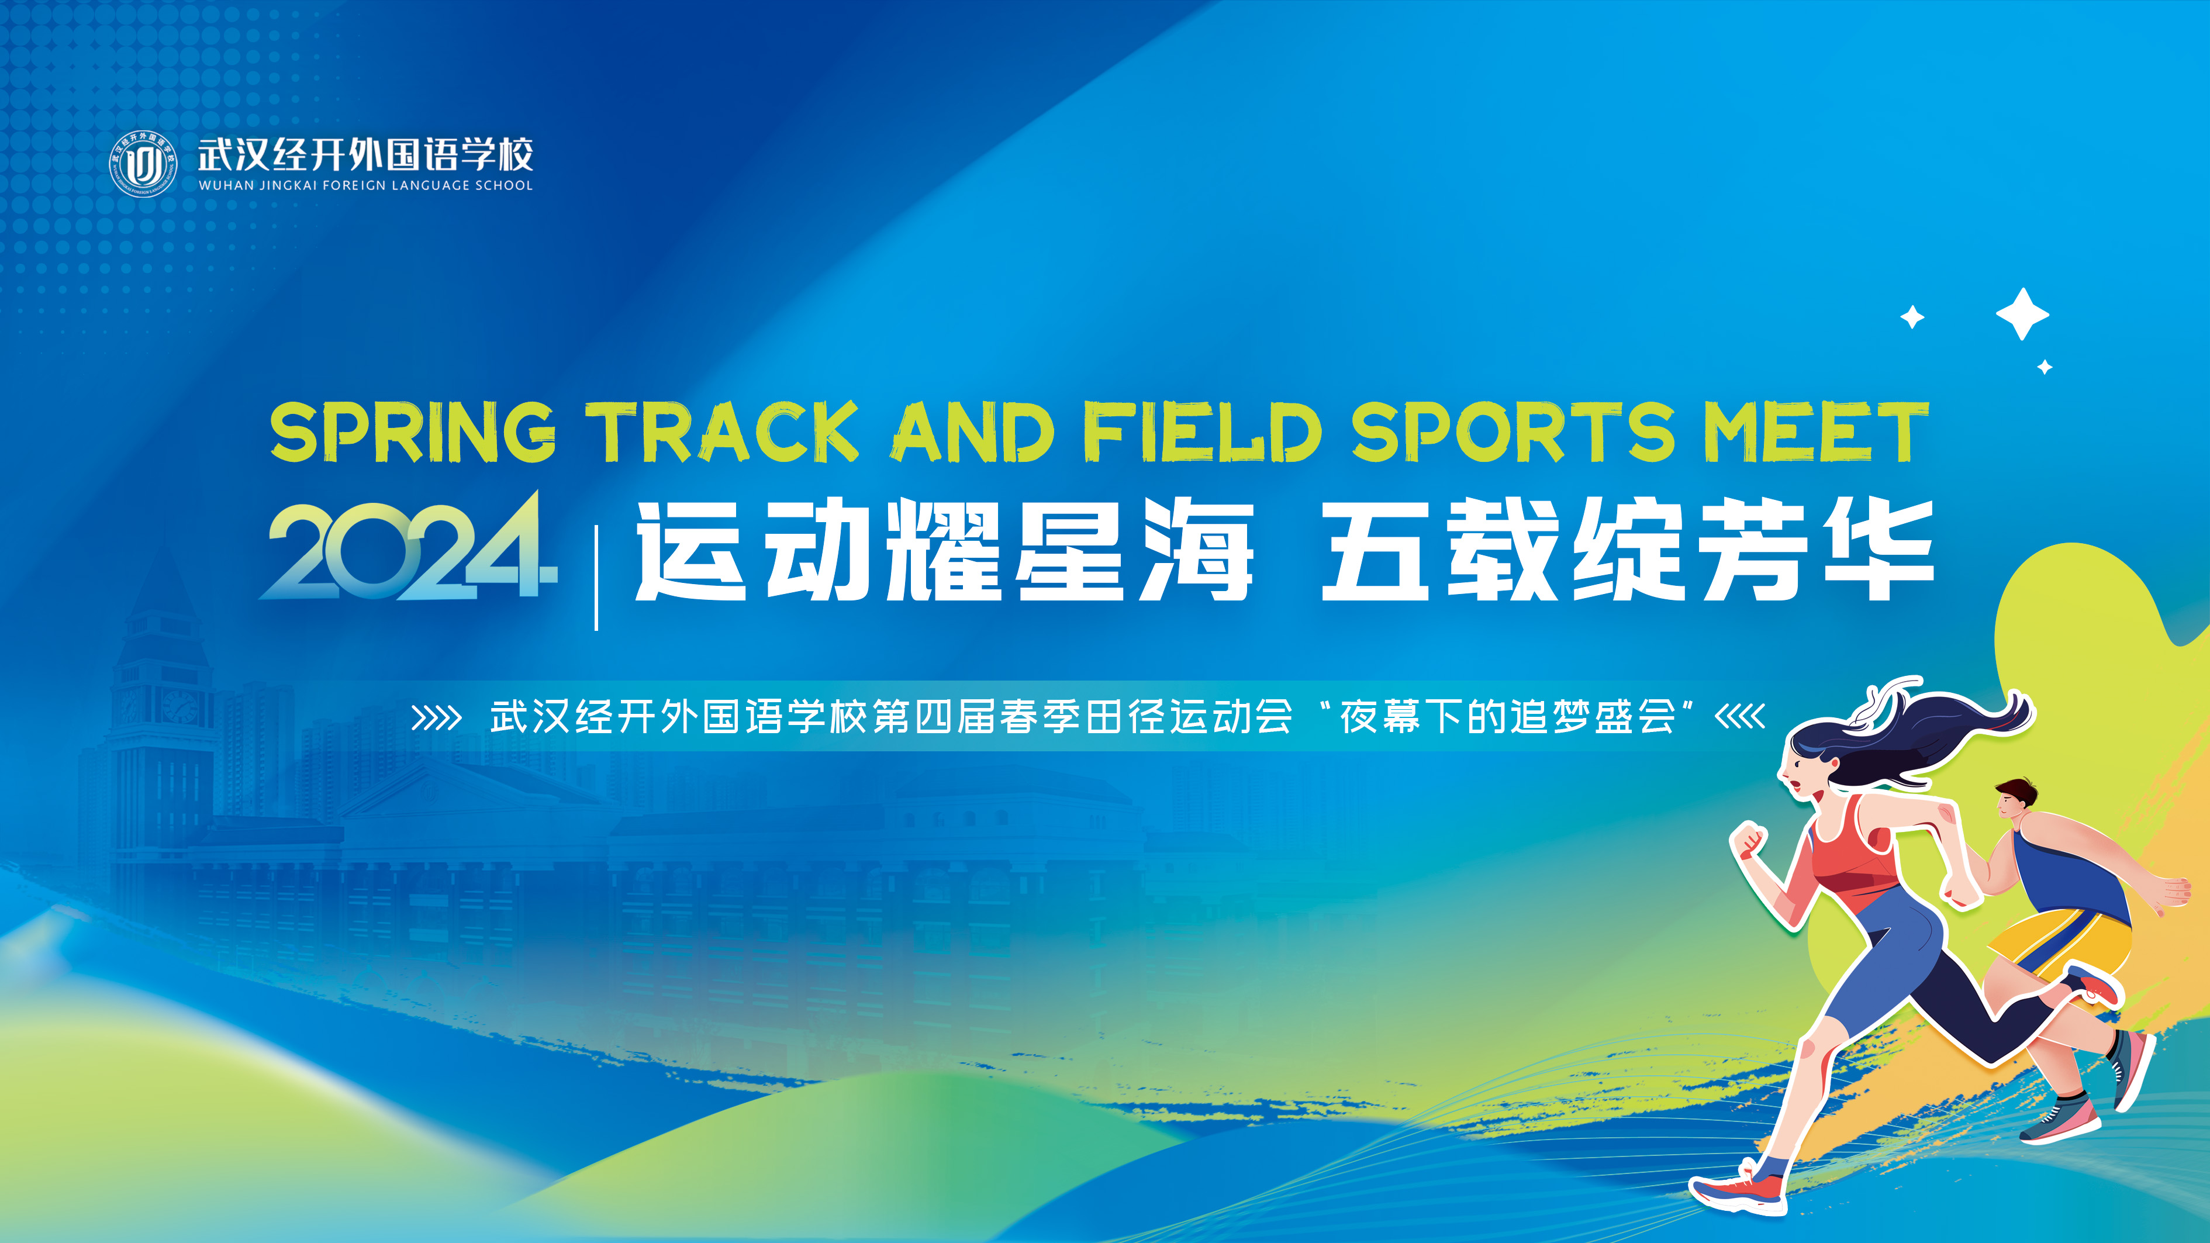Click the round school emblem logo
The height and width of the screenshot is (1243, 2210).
(143, 163)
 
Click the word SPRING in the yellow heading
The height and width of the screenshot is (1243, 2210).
(413, 431)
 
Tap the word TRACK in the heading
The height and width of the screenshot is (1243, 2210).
(723, 431)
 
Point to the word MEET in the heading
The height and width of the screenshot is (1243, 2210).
(1816, 431)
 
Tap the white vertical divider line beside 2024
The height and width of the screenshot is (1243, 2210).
(596, 578)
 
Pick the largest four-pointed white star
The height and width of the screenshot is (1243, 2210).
(2022, 314)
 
